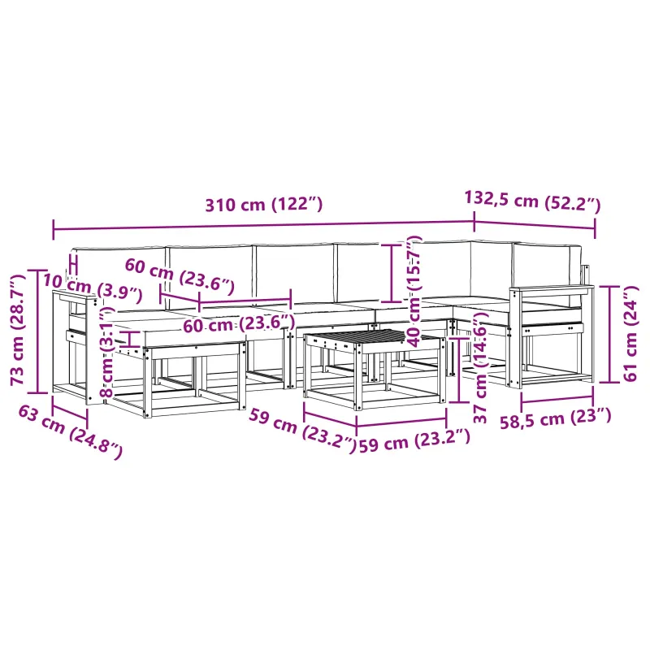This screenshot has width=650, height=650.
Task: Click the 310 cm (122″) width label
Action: pyautogui.click(x=263, y=205)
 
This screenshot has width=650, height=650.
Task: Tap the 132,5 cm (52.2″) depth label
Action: pyautogui.click(x=532, y=201)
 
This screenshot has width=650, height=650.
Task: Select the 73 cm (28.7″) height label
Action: pyautogui.click(x=17, y=330)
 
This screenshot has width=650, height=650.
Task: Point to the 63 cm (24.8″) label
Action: pyautogui.click(x=71, y=432)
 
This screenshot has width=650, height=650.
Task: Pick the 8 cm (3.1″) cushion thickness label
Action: pyautogui.click(x=107, y=352)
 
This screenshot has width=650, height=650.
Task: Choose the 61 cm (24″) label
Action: pyautogui.click(x=630, y=333)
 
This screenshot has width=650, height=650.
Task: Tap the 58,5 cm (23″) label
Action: pyautogui.click(x=556, y=418)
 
